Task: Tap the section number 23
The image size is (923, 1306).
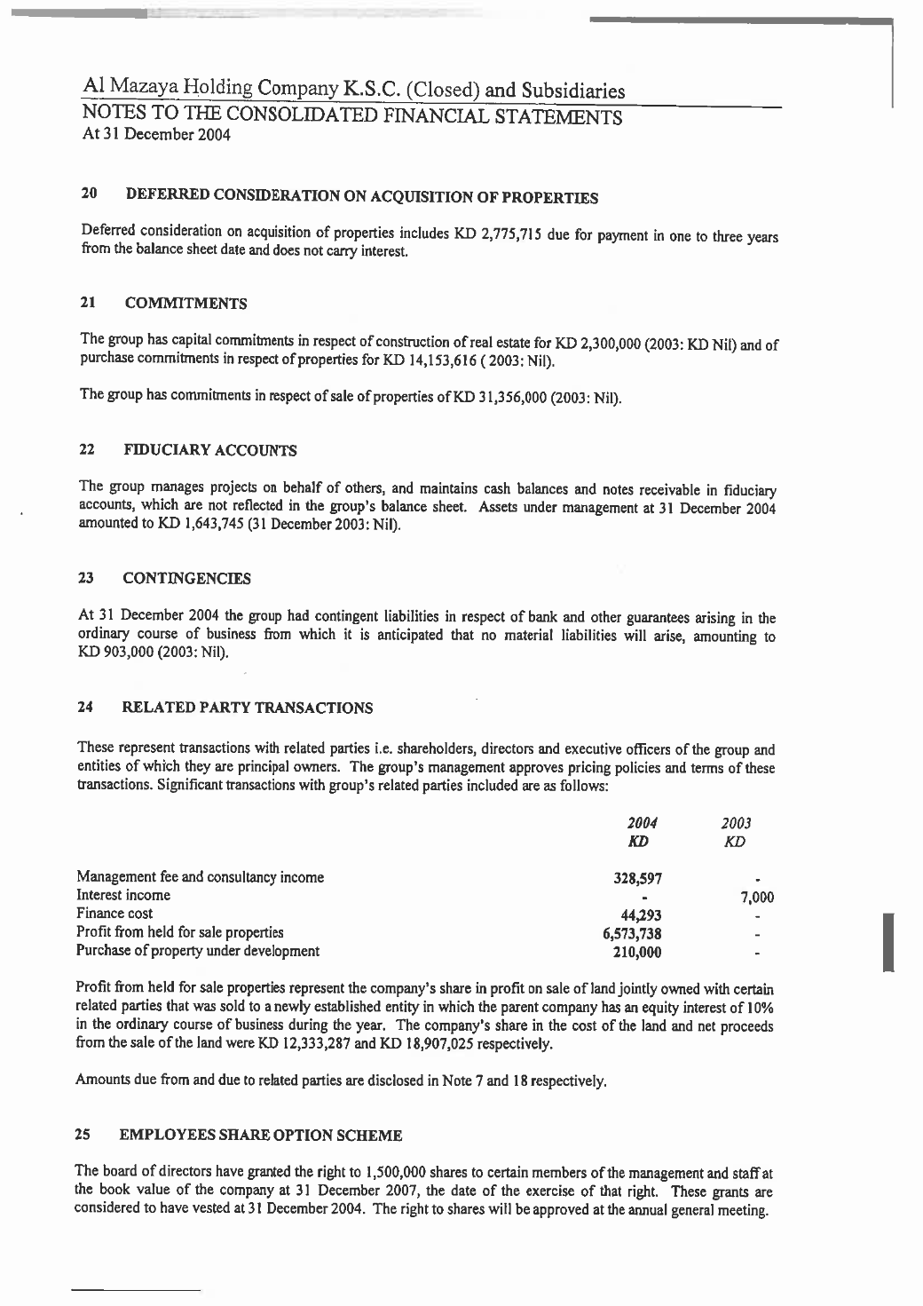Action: pos(87,579)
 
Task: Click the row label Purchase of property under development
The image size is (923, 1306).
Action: pos(198,951)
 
